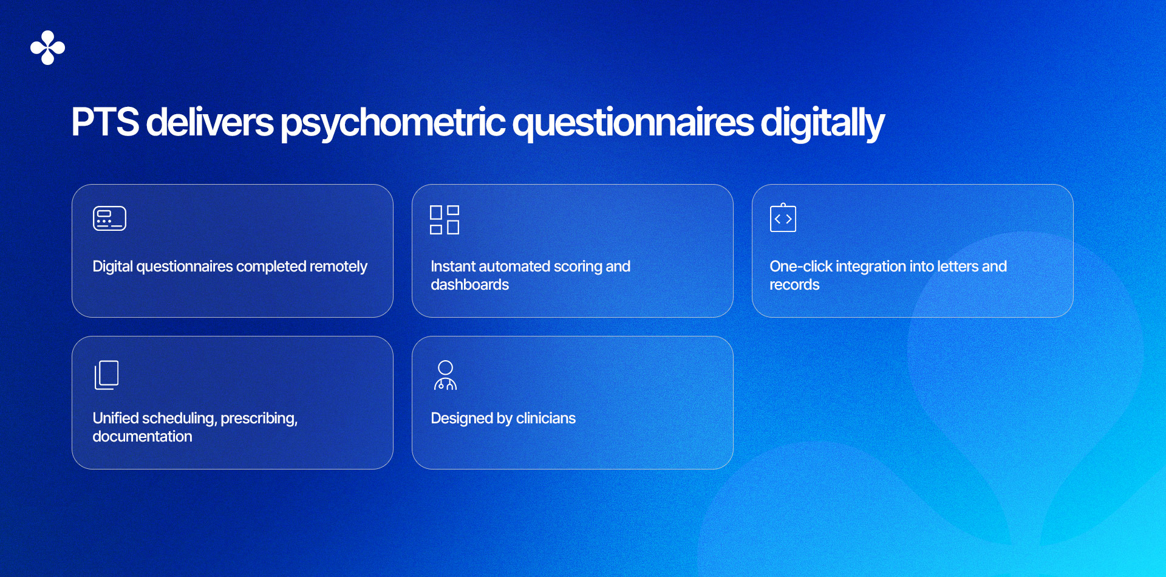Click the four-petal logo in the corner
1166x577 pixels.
pos(47,47)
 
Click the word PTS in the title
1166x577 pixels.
pos(105,122)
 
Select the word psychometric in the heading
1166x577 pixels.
pos(392,123)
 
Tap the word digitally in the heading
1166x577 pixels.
pos(822,123)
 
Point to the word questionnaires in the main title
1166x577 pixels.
pos(633,123)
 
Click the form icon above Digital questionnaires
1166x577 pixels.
pos(109,219)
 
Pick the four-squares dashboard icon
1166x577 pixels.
pos(445,220)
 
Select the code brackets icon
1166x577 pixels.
pos(783,218)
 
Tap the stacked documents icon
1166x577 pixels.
pos(107,375)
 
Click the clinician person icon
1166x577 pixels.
pos(445,375)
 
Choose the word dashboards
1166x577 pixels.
pos(469,285)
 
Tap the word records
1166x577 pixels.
pos(794,285)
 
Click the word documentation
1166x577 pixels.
pos(142,437)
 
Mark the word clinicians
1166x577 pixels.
pos(545,418)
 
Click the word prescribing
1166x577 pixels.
pos(259,419)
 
